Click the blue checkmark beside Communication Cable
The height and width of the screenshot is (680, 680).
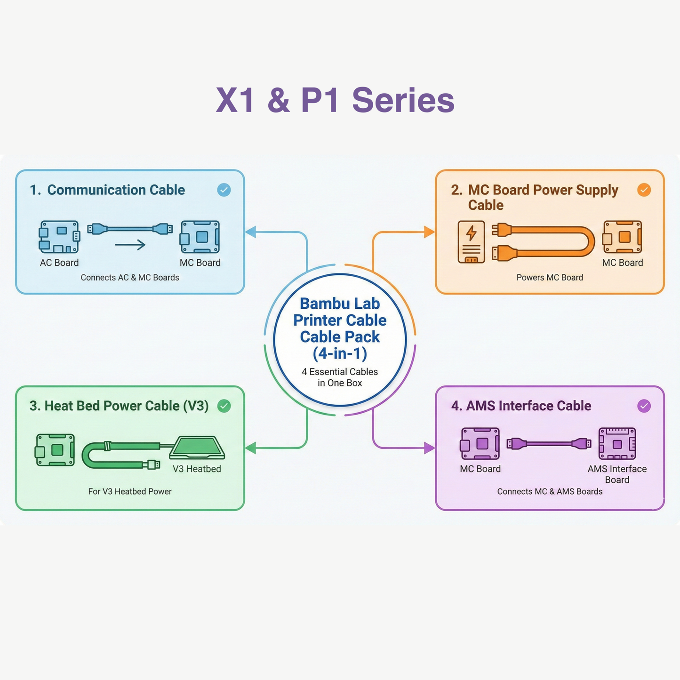[224, 190]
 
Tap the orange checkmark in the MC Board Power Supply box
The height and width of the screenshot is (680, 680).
[644, 190]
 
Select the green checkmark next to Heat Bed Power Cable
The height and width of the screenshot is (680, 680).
[224, 406]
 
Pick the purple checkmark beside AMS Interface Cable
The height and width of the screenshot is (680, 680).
[644, 406]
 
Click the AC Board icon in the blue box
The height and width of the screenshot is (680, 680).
[59, 237]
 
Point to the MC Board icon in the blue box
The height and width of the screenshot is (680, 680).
[200, 237]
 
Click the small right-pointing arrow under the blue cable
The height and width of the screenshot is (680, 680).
[130, 245]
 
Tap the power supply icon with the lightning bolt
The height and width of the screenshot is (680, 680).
[471, 242]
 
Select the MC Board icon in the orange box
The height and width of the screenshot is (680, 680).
[622, 237]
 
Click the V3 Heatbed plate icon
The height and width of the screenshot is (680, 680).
[197, 448]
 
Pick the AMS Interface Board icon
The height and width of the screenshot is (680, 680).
[617, 444]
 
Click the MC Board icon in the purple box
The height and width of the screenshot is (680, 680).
[480, 444]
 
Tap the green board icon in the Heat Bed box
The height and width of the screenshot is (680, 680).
[56, 450]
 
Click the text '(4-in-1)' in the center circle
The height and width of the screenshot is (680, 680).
[340, 353]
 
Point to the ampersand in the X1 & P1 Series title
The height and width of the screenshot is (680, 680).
[279, 100]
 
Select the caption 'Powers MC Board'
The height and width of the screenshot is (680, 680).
[550, 278]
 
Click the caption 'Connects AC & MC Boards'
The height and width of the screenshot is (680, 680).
[130, 278]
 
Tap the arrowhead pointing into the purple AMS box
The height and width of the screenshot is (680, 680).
[429, 448]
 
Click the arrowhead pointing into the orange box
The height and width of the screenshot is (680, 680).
[429, 232]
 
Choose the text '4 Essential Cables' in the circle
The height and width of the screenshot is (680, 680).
[340, 372]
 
